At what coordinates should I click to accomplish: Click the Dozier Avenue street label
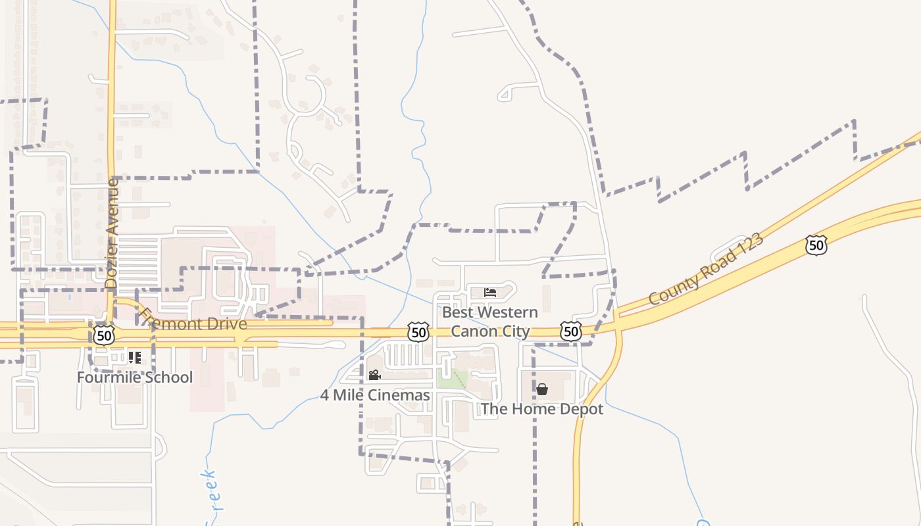click(x=111, y=233)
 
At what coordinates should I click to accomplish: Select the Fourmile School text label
click(x=135, y=377)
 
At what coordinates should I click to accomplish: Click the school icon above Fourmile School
click(x=135, y=358)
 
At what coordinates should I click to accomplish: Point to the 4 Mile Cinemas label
click(x=375, y=395)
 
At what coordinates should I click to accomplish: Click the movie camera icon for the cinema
click(x=374, y=375)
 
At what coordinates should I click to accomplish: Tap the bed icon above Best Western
click(x=490, y=292)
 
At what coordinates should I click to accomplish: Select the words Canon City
click(x=490, y=331)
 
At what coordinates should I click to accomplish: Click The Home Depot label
click(x=541, y=409)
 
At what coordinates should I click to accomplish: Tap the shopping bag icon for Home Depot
click(x=541, y=389)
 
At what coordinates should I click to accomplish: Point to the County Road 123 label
click(x=707, y=268)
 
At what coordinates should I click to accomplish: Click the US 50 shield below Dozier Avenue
click(x=103, y=335)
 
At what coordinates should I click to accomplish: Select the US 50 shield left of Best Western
click(x=418, y=332)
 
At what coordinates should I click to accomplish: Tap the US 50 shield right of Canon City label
click(x=571, y=331)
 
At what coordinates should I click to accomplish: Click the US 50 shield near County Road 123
click(x=816, y=245)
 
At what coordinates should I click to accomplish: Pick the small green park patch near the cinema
click(x=453, y=378)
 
